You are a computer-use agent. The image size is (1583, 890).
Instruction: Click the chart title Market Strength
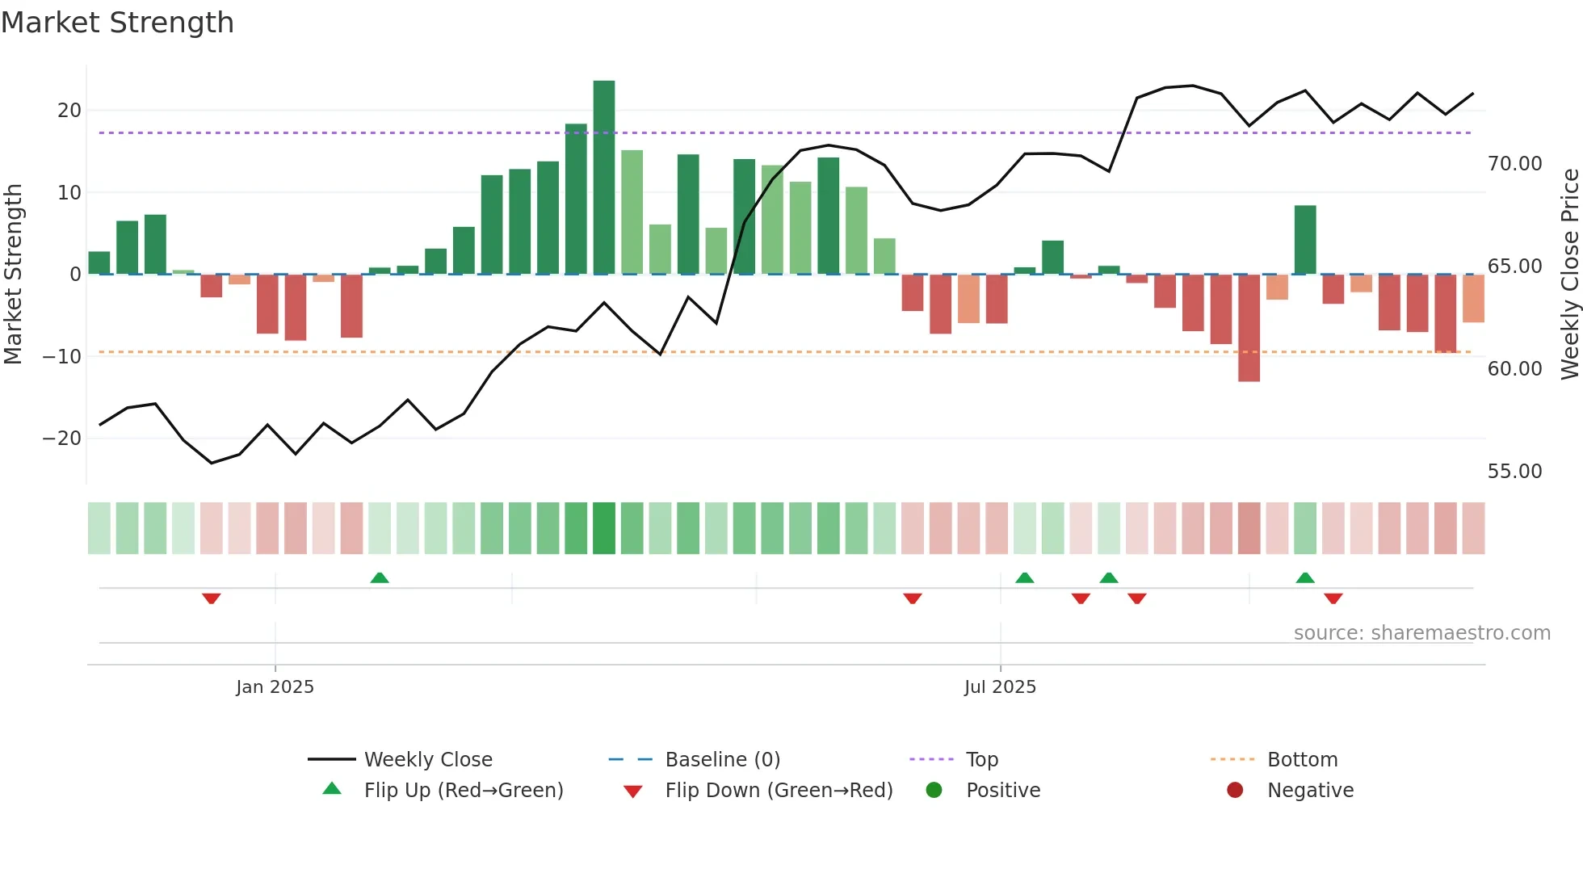[117, 23]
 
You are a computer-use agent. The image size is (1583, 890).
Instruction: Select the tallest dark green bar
[603, 178]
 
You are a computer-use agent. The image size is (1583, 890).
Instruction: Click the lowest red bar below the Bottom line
[1249, 328]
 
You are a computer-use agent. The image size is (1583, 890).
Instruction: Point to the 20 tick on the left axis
[69, 111]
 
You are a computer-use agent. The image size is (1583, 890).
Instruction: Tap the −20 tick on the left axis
[62, 439]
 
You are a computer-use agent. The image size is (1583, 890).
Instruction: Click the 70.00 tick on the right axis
[1514, 164]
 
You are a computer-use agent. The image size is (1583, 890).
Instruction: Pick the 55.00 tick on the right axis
[1514, 472]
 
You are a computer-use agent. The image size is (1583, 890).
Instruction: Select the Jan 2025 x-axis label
[275, 687]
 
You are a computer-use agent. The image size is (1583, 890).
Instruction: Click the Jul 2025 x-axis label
[999, 687]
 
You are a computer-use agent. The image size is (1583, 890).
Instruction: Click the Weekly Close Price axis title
[1569, 275]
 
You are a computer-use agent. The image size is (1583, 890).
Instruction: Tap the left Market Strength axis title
[13, 275]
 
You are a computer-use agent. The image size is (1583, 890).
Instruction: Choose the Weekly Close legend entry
[427, 760]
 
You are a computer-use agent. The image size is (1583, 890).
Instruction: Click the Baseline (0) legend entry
[722, 760]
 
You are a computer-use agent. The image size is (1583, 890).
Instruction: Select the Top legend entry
[981, 760]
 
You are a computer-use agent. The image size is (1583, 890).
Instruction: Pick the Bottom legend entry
[1302, 760]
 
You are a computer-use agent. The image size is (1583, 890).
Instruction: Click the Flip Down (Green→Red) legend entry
[778, 791]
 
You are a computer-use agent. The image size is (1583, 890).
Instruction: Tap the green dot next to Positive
[934, 791]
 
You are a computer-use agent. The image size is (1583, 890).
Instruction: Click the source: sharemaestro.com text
[1421, 633]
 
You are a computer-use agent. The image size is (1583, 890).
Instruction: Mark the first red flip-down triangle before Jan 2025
[212, 598]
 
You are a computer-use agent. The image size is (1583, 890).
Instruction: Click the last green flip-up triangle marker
[1305, 577]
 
